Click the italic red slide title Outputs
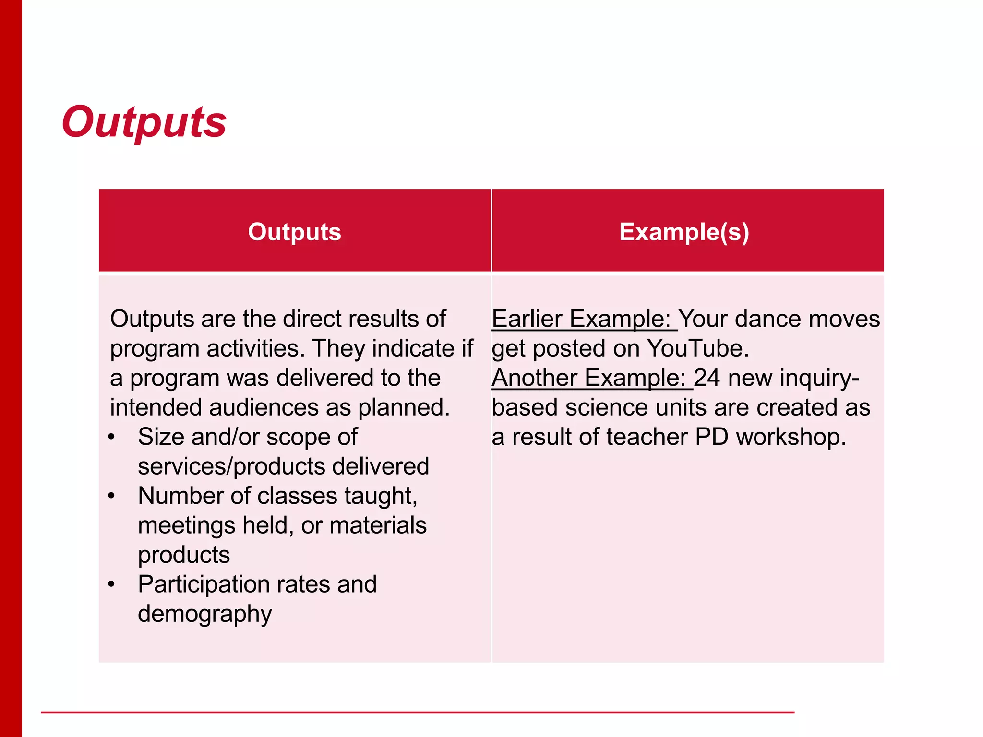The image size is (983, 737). point(144,122)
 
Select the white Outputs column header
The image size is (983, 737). point(294,232)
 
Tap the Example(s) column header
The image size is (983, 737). point(684,232)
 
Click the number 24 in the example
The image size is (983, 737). point(707,378)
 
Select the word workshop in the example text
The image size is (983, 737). point(791,437)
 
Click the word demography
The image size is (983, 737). point(205,614)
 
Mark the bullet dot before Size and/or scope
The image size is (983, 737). point(112,437)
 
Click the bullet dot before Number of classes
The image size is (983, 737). point(112,496)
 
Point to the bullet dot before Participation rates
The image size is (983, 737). point(112,584)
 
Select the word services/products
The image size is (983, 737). point(230,467)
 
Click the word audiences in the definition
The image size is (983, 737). point(264,408)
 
